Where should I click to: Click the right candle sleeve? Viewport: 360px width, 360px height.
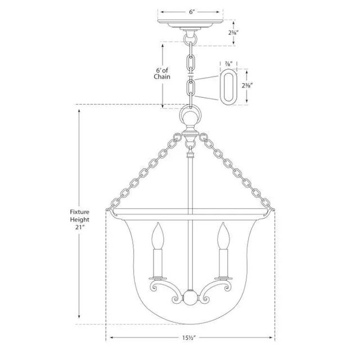coord(224,262)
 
